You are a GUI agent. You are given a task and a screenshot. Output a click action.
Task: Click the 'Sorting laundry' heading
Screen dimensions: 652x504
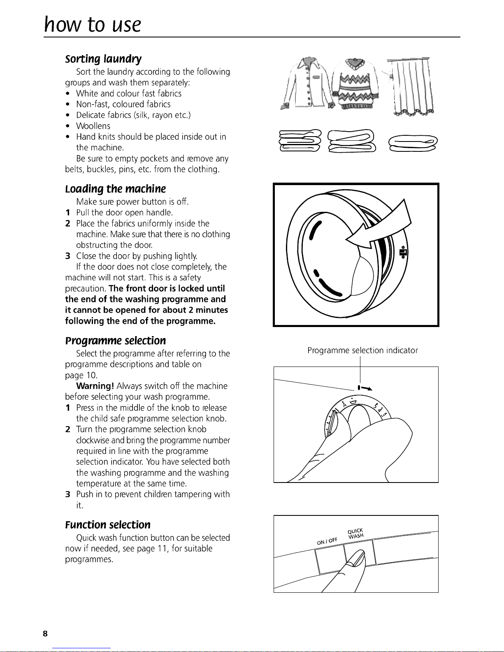[x=103, y=59]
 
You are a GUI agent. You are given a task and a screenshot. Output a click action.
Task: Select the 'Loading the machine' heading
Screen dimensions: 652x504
[x=115, y=189]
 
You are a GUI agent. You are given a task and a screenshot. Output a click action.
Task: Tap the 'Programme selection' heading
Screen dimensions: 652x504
[x=115, y=341]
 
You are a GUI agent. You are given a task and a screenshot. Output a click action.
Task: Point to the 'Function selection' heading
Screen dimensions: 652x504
[x=107, y=525]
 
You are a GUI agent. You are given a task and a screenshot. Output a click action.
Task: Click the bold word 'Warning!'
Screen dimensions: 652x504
[x=95, y=386]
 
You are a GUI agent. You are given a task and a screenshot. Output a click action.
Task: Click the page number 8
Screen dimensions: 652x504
[x=45, y=634]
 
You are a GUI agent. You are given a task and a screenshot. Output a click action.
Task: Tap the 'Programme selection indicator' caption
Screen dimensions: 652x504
[x=362, y=350]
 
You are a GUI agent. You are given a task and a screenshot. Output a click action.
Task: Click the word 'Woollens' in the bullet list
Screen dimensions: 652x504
[x=93, y=126]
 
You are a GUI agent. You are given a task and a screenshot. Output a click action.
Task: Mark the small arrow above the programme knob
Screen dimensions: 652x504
[x=366, y=388]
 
